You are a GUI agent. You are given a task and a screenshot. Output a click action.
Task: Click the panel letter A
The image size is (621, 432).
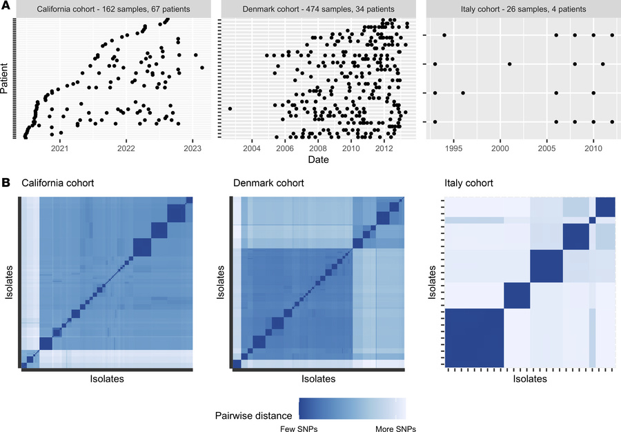coord(6,7)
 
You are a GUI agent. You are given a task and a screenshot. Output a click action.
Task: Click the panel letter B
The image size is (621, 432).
coord(6,184)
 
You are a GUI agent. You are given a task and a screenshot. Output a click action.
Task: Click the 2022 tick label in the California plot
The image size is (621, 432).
coord(126,148)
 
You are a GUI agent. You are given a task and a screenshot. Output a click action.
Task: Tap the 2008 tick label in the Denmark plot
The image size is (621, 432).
coord(317,148)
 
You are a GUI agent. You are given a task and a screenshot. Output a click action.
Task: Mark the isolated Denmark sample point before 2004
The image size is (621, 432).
coord(230,108)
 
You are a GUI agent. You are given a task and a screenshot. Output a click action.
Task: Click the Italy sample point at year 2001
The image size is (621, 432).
coord(509,64)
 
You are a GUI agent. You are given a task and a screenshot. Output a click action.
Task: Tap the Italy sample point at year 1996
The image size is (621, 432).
coord(463,93)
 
